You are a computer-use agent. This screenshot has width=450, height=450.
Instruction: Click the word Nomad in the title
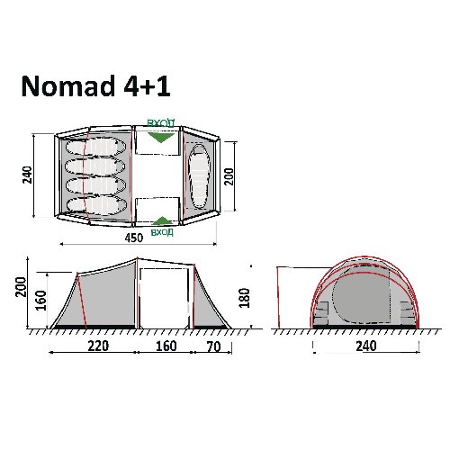[x=68, y=86]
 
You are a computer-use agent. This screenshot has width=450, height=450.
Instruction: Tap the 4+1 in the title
[x=147, y=86]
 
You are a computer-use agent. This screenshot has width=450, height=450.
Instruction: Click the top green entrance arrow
[x=161, y=138]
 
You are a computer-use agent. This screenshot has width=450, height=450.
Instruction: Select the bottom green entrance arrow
[x=162, y=220]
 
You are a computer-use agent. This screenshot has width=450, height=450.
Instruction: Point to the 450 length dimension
[x=134, y=238]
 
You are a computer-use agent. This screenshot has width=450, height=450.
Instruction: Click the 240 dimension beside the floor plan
[x=27, y=175]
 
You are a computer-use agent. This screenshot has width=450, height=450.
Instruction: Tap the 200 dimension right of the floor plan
[x=229, y=176]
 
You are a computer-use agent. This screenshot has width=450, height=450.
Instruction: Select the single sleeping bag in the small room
[x=199, y=176]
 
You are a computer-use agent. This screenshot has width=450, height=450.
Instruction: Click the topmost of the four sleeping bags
[x=95, y=147]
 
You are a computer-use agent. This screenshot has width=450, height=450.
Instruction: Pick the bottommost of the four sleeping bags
[x=96, y=206]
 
